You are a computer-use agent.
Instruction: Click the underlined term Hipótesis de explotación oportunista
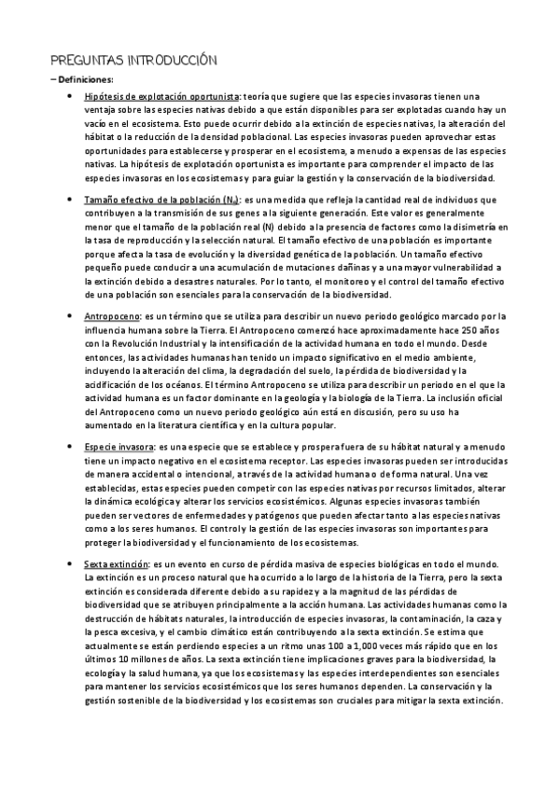pos(161,96)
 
